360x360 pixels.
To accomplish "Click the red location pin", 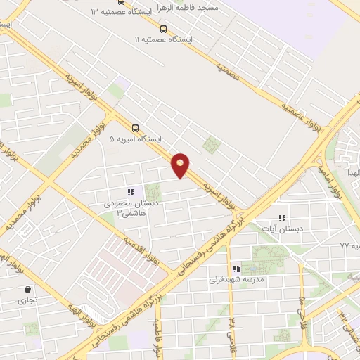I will [181, 165].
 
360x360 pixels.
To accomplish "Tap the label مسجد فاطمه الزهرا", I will [185, 6].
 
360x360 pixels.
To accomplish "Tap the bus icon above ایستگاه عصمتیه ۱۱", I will [163, 29].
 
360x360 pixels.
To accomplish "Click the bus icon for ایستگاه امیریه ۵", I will [135, 128].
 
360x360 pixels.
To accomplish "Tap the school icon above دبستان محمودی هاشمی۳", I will [130, 192].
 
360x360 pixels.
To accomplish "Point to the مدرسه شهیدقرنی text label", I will [236, 279].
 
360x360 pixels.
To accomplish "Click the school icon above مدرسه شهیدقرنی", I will [236, 268].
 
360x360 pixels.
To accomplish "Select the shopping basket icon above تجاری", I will [27, 289].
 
